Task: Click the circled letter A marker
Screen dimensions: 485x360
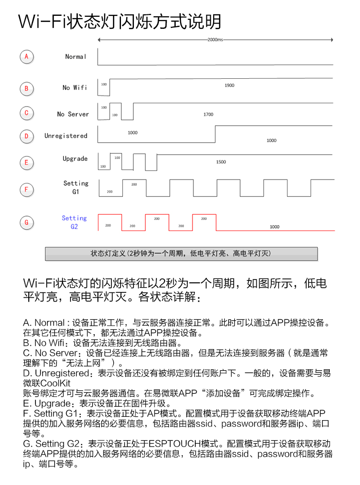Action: pyautogui.click(x=26, y=57)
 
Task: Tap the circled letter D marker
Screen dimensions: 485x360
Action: pyautogui.click(x=26, y=136)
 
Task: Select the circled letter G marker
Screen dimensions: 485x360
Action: pyautogui.click(x=26, y=222)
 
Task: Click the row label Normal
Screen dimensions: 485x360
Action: pyautogui.click(x=75, y=57)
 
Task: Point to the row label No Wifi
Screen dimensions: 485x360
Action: pyautogui.click(x=74, y=87)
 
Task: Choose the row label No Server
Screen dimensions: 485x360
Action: pyautogui.click(x=73, y=114)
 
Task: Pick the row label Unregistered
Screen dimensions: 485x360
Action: pyautogui.click(x=66, y=136)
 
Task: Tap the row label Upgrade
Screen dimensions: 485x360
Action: pyautogui.click(x=75, y=158)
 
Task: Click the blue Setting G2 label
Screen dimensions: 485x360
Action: pyautogui.click(x=74, y=222)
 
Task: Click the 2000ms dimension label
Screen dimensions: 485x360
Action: pyautogui.click(x=215, y=40)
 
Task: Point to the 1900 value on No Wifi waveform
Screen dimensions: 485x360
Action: pyautogui.click(x=229, y=85)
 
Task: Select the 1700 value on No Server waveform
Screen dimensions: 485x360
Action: pyautogui.click(x=208, y=115)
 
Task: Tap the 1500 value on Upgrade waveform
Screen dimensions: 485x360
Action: pyautogui.click(x=221, y=162)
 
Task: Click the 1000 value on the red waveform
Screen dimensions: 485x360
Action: pyautogui.click(x=274, y=227)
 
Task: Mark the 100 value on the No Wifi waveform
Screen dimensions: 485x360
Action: pyautogui.click(x=104, y=84)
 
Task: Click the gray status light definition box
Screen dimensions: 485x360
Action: pyautogui.click(x=181, y=254)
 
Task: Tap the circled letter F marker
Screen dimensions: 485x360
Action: pyautogui.click(x=26, y=189)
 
